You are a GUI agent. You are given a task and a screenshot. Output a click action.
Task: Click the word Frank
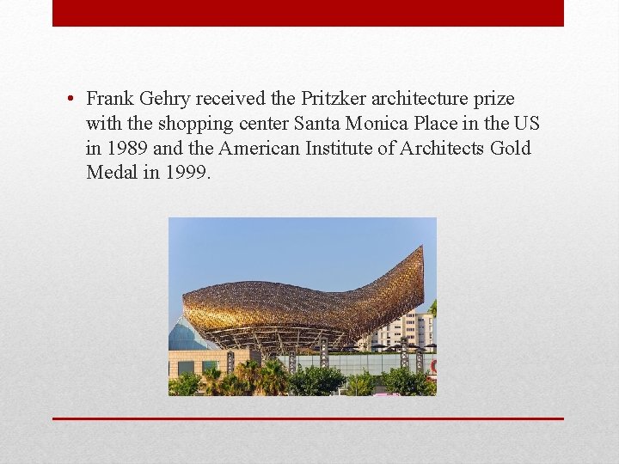click(109, 100)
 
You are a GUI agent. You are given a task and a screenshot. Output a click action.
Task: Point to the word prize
click(490, 100)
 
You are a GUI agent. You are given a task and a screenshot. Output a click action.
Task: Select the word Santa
click(321, 125)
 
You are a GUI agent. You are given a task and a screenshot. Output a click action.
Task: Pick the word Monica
click(379, 125)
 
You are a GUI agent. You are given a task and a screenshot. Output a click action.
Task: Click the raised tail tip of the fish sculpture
click(420, 252)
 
